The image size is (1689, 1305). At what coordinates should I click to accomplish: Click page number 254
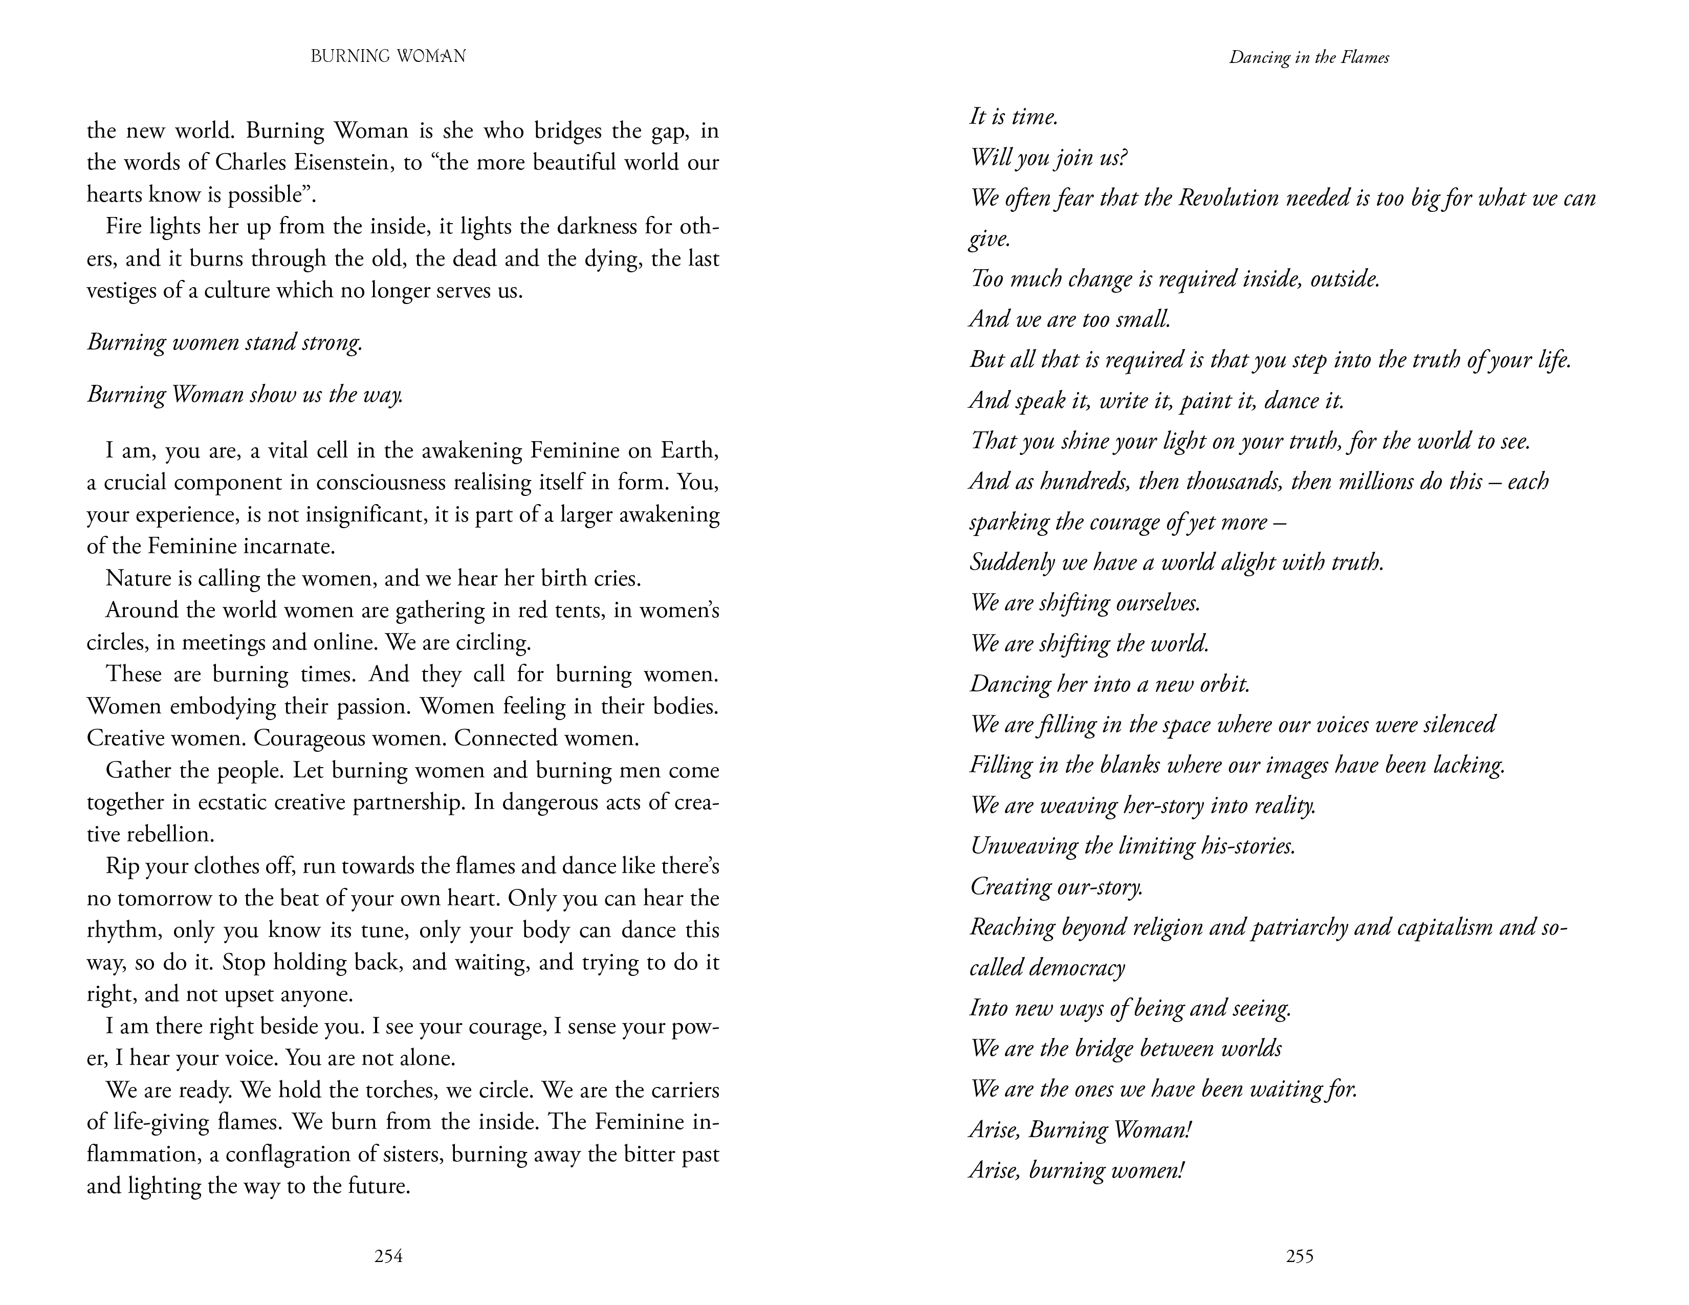(388, 1256)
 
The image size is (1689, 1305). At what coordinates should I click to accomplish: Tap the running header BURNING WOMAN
(388, 56)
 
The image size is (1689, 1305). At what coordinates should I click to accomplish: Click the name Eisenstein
(334, 162)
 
